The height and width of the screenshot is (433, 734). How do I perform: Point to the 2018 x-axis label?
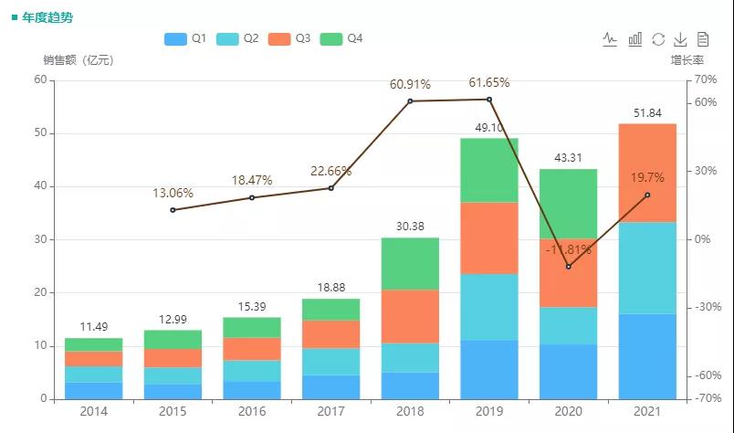(x=410, y=413)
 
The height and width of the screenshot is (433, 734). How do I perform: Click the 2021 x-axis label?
(x=647, y=413)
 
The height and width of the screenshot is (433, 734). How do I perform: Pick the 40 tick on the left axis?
(x=40, y=186)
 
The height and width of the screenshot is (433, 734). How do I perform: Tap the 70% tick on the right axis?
(x=705, y=79)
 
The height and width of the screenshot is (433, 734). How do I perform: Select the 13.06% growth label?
(x=173, y=194)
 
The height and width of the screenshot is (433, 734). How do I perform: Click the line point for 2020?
(x=568, y=267)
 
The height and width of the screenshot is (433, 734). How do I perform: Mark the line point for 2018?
(x=410, y=100)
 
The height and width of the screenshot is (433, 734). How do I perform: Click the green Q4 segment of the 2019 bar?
(x=488, y=170)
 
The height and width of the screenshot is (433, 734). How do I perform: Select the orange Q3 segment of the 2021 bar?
(x=647, y=173)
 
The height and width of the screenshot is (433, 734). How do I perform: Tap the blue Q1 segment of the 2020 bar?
(x=568, y=371)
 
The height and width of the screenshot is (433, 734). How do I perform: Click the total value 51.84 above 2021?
(x=647, y=112)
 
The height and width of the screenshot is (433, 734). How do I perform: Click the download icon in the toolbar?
(x=680, y=39)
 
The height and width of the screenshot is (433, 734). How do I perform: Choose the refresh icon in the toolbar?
(x=657, y=39)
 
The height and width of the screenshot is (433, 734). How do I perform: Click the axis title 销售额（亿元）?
(x=79, y=60)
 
